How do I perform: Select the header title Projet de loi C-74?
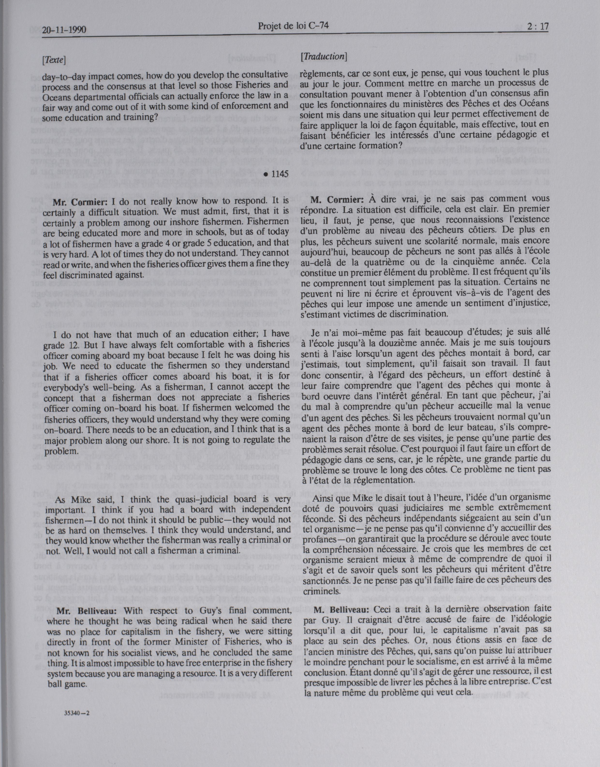tap(293, 26)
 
